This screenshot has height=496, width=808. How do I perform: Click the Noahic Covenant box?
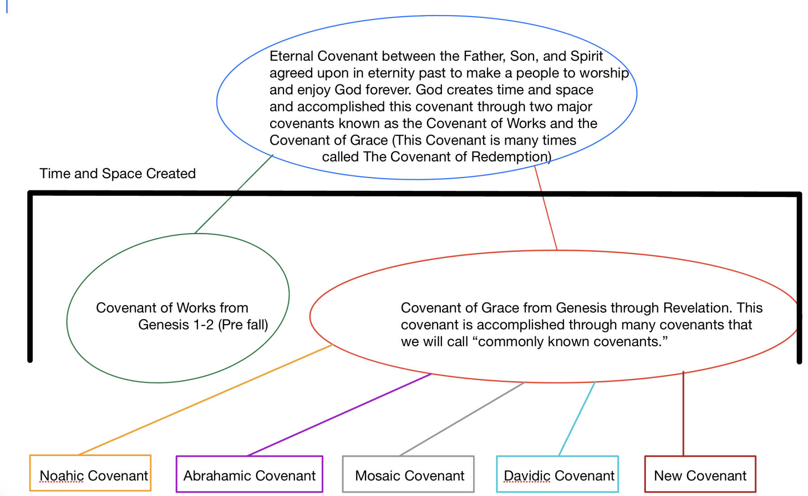click(90, 473)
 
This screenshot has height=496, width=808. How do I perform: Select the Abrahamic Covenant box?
click(250, 474)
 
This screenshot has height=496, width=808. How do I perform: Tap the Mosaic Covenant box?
click(408, 474)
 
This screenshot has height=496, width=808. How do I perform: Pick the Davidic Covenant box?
click(557, 474)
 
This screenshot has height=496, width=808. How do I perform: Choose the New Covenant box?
click(700, 474)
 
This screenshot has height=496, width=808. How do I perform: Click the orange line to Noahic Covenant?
click(206, 399)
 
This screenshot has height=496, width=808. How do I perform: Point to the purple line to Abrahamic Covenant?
click(339, 415)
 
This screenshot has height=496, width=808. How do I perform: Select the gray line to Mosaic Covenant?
click(462, 419)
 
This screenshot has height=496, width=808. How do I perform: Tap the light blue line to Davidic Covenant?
click(577, 419)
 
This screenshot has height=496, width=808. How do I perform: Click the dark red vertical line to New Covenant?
click(683, 413)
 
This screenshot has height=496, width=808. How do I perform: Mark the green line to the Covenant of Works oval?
click(234, 194)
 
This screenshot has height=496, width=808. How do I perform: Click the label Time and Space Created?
click(118, 173)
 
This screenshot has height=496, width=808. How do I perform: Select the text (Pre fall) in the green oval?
click(243, 325)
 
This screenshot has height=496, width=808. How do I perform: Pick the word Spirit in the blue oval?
click(587, 57)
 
